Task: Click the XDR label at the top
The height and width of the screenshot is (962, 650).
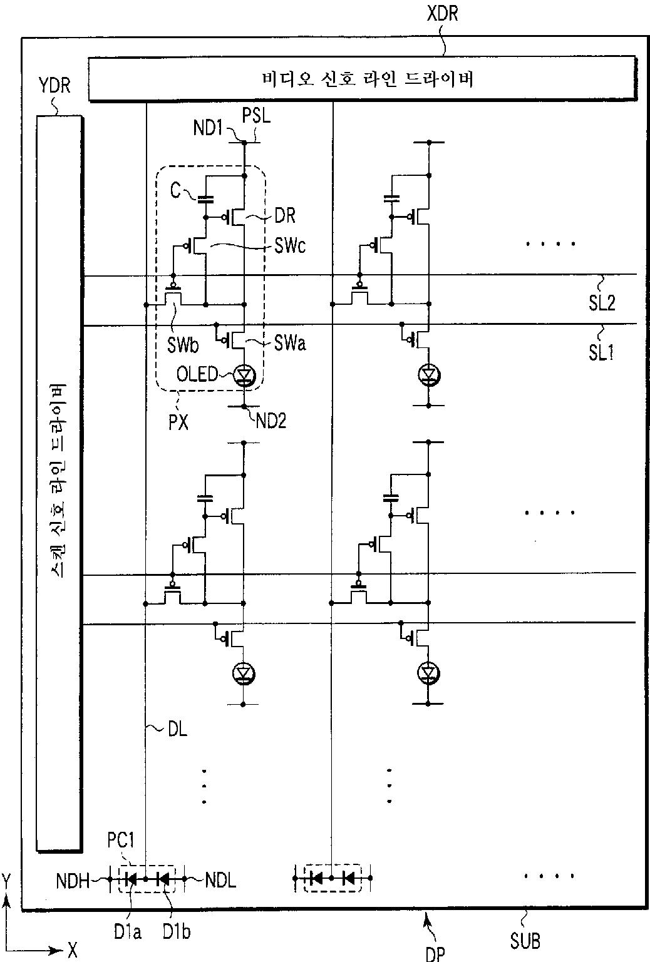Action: (x=443, y=13)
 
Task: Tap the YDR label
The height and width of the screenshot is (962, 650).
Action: (x=54, y=86)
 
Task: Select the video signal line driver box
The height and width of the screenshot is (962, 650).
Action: (x=362, y=79)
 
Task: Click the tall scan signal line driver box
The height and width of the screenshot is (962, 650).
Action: (x=59, y=484)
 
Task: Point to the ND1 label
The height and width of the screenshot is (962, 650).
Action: (x=207, y=128)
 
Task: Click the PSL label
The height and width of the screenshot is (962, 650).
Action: (x=257, y=115)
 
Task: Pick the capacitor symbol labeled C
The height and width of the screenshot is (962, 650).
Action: (x=206, y=199)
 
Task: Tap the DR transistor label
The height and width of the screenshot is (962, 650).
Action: (x=285, y=215)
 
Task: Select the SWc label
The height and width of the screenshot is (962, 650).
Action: (x=290, y=245)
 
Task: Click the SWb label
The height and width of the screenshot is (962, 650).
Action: (x=183, y=344)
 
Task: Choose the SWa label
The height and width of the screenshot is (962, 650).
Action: (x=290, y=343)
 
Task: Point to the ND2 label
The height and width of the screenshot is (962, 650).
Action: (x=271, y=421)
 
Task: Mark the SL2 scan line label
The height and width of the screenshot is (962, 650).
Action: (x=602, y=303)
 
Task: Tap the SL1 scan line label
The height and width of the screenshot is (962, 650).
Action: (x=601, y=352)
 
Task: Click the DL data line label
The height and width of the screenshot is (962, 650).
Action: (x=177, y=729)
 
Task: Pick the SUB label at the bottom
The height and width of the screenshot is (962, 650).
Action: (x=525, y=941)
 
